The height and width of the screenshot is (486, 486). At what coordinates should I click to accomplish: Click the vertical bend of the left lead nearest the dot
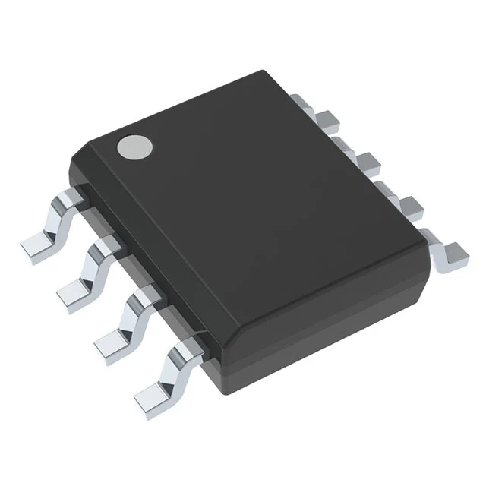[x=55, y=216]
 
